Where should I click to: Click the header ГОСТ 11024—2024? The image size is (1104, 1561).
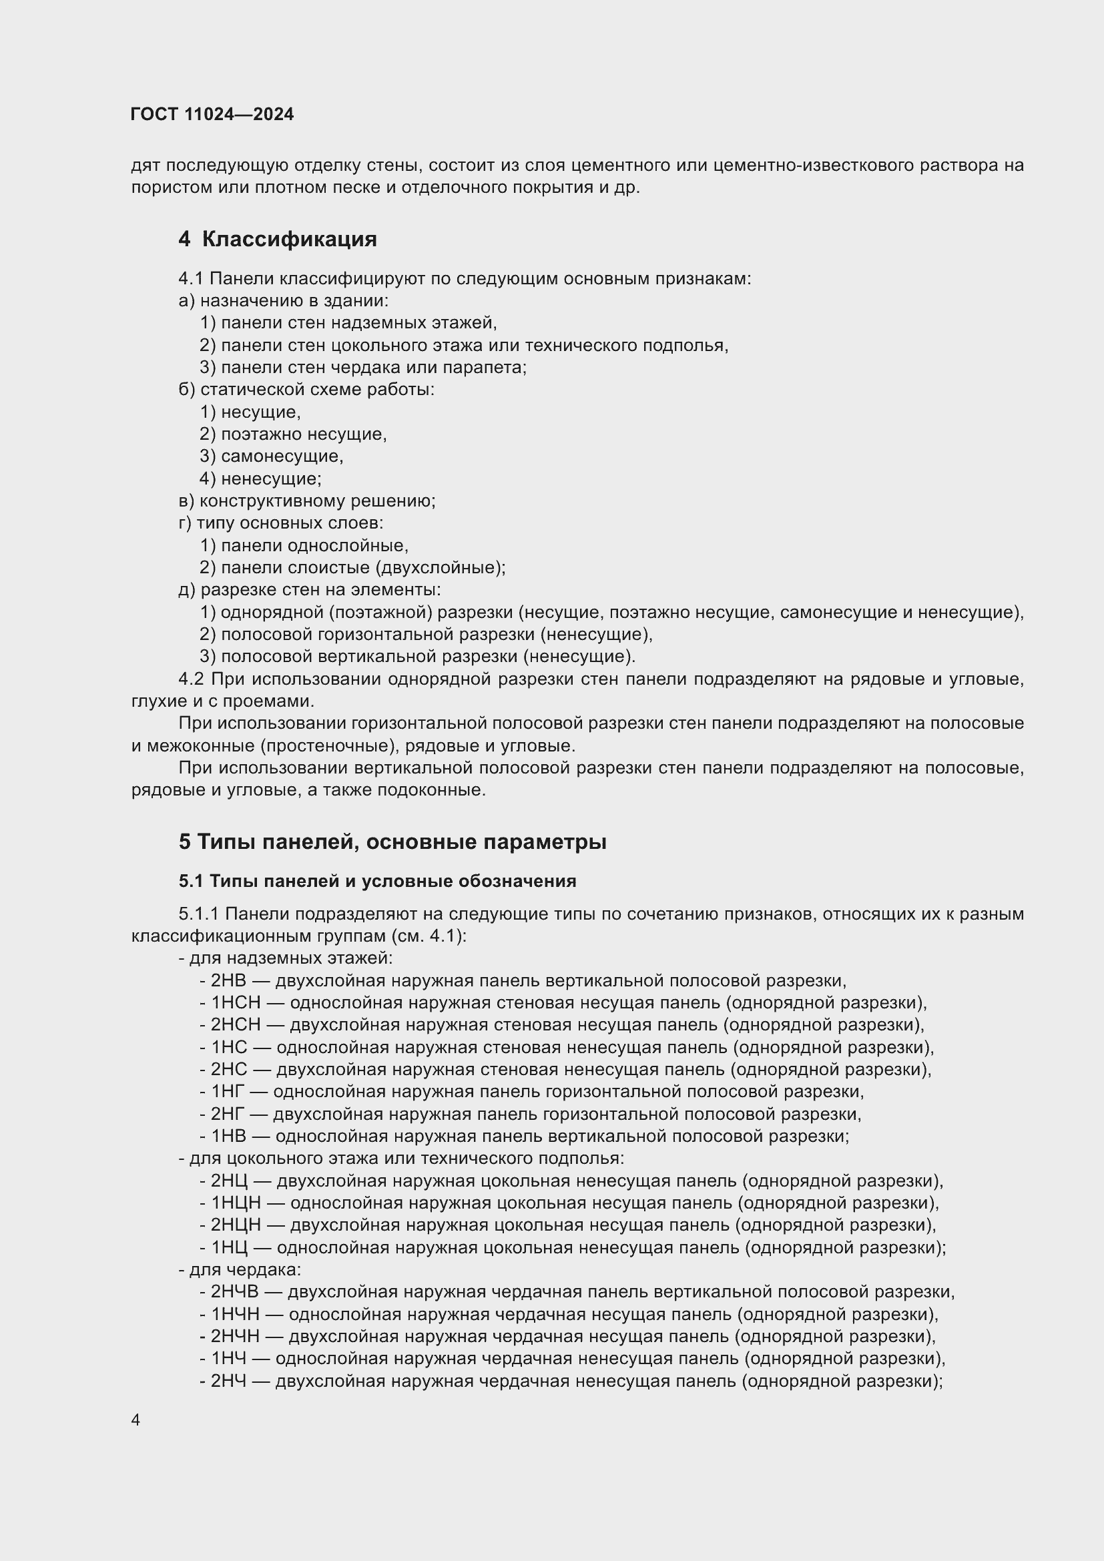click(x=212, y=114)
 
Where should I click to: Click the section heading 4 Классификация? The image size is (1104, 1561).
click(x=278, y=240)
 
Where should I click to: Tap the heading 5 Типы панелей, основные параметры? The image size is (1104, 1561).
click(x=392, y=842)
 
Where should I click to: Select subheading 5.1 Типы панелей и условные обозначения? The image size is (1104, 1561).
click(x=377, y=881)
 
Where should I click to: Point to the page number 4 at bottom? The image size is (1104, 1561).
click(x=135, y=1420)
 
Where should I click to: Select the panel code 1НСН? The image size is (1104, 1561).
click(x=235, y=1003)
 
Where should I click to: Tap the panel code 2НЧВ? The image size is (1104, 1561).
click(x=234, y=1292)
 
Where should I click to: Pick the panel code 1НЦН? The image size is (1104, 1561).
click(x=235, y=1203)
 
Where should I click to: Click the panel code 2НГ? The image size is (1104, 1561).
click(x=226, y=1115)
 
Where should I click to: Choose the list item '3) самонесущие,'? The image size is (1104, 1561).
click(x=272, y=456)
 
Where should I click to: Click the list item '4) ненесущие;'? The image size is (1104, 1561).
click(x=261, y=479)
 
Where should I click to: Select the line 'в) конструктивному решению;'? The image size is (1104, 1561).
click(x=306, y=501)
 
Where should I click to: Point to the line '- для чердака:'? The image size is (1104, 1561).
click(x=240, y=1269)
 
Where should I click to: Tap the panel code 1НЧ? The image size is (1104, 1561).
click(x=228, y=1358)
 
